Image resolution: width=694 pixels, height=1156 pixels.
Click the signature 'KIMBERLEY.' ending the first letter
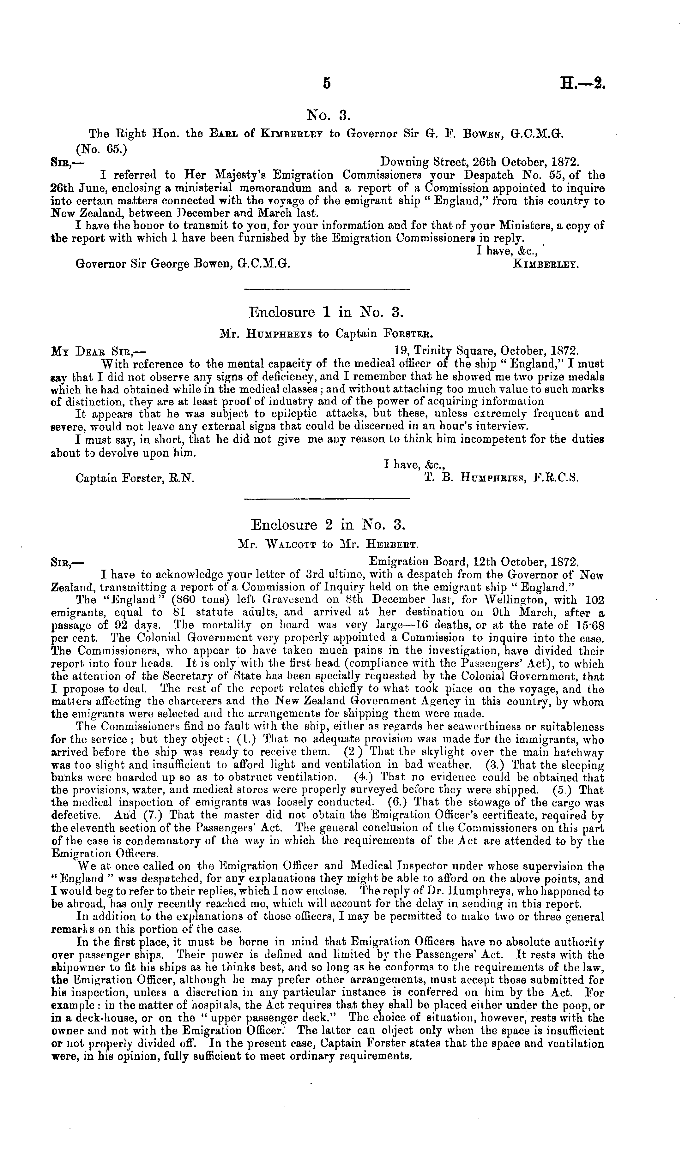[x=546, y=264]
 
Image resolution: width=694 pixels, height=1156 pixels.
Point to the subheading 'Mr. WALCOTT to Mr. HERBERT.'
[x=327, y=545]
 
